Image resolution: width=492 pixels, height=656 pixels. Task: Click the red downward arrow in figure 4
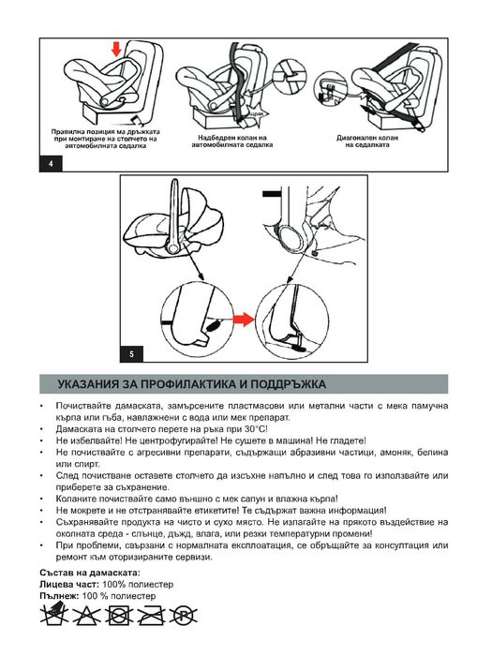click(x=116, y=49)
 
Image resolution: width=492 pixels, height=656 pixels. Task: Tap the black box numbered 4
click(x=51, y=164)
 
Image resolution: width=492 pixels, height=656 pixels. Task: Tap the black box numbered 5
click(x=132, y=354)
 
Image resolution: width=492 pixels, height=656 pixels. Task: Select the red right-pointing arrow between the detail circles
click(x=244, y=321)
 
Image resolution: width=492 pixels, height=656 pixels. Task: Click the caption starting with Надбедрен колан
click(x=232, y=141)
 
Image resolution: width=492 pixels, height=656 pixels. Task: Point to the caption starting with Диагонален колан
click(x=367, y=141)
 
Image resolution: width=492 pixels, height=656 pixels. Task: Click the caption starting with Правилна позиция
click(x=106, y=139)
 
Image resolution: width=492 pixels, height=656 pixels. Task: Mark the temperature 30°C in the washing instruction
click(x=255, y=429)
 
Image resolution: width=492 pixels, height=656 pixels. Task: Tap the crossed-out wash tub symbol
click(x=54, y=614)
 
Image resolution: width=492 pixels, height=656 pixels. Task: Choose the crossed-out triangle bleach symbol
click(x=86, y=616)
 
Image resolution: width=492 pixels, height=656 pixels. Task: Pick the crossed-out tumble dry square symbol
click(x=119, y=616)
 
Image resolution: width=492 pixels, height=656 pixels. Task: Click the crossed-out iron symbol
click(x=152, y=616)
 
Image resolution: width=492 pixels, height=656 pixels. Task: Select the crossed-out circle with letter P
click(x=184, y=616)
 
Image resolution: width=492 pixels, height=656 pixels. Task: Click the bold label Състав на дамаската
click(x=90, y=573)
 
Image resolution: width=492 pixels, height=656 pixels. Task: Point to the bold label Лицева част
click(x=69, y=585)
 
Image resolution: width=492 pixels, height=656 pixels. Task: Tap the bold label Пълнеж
click(x=59, y=596)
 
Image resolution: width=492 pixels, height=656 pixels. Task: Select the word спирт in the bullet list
click(x=78, y=465)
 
